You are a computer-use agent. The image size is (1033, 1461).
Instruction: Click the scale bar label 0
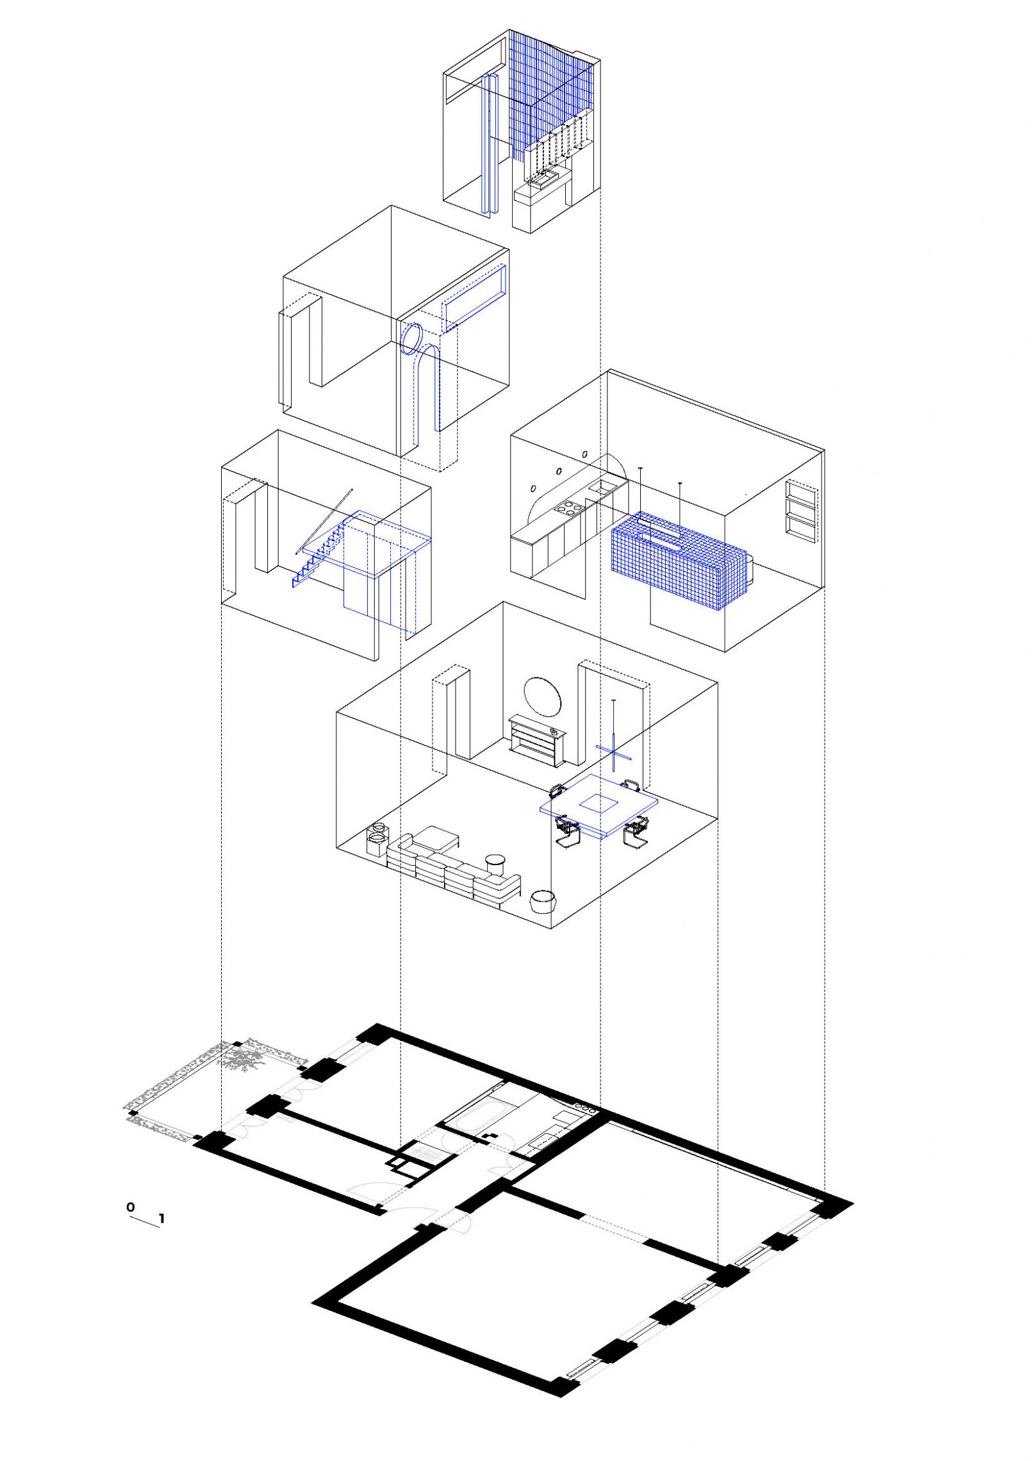(131, 1207)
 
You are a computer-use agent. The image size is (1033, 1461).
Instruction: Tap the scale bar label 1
(162, 1219)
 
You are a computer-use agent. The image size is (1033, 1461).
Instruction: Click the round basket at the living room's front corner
(545, 902)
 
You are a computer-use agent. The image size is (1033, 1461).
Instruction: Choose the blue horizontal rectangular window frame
(475, 297)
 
